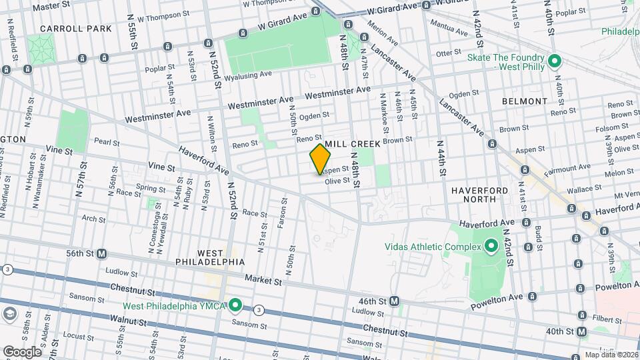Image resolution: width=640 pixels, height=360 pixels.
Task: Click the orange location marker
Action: [x=321, y=159]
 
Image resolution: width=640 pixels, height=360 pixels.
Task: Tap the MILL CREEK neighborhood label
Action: [x=353, y=144]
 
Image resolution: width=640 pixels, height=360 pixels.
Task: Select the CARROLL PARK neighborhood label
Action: [x=66, y=29]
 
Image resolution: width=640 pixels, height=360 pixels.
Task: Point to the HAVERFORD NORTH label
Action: [x=483, y=194]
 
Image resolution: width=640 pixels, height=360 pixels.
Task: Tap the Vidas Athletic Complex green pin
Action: [x=491, y=247]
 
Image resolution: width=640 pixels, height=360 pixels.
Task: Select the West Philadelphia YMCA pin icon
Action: [x=235, y=307]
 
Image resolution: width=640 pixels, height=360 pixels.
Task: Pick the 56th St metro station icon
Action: [x=102, y=253]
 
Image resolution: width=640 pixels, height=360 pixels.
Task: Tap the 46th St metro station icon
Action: [x=395, y=301]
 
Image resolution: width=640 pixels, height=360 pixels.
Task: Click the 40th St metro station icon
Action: [x=582, y=331]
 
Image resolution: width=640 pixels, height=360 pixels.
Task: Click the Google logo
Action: [x=23, y=351]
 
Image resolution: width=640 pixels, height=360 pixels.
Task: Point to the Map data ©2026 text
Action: [x=611, y=355]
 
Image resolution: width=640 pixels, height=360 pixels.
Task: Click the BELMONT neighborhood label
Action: [x=526, y=101]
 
